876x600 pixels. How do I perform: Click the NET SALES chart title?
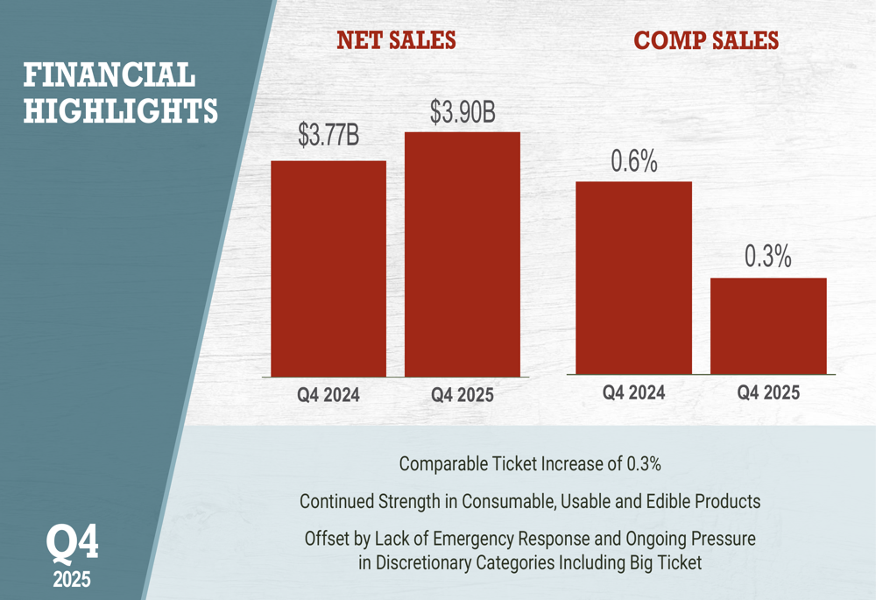396,40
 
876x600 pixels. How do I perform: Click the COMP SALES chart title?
705,40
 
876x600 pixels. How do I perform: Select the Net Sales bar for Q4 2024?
328,269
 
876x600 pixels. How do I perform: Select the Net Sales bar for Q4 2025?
463,254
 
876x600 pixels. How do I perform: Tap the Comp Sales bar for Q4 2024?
633,278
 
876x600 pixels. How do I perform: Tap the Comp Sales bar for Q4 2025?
768,326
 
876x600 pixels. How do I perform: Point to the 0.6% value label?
633,162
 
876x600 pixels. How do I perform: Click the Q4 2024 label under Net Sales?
328,395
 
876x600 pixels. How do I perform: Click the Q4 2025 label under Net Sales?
463,395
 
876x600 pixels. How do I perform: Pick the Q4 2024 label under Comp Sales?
633,392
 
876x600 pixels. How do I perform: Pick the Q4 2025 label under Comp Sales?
768,392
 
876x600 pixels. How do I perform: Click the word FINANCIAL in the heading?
109,75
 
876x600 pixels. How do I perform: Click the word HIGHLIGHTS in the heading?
120,111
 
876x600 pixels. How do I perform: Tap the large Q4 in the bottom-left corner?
72,543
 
